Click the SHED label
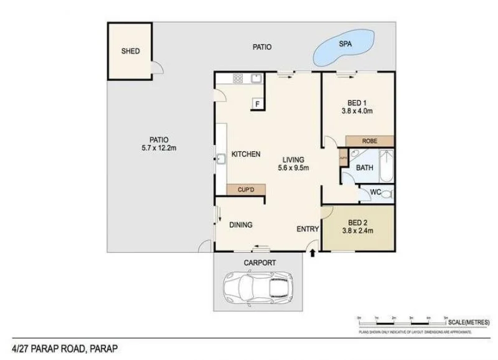130,51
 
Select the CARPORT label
259,263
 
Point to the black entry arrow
312,252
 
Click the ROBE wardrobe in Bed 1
370,141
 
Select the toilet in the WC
386,194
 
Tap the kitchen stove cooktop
238,78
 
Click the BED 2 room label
357,222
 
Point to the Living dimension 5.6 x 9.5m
293,168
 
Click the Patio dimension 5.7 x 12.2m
159,148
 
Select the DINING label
240,225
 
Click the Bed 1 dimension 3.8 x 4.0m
357,111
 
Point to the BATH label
364,168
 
